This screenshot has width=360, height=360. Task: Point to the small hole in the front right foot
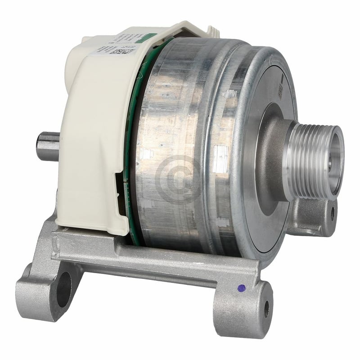pyautogui.click(x=266, y=308)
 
